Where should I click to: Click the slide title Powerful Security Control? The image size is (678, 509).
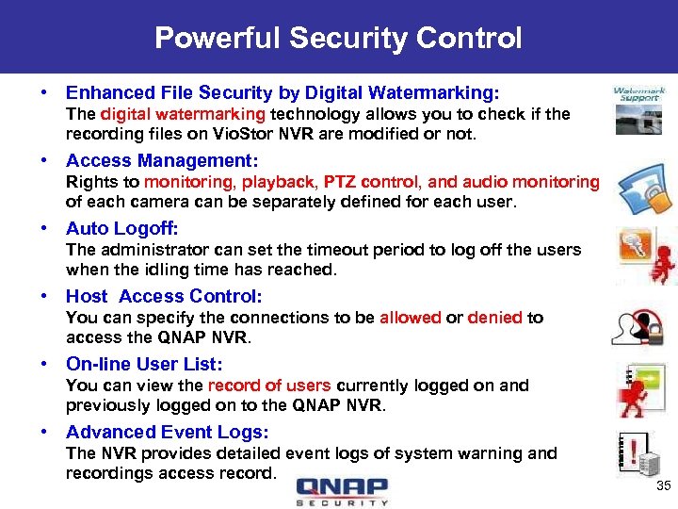pos(338,38)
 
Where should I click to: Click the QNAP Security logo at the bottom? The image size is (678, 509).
pos(341,491)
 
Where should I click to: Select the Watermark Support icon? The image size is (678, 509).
pos(639,109)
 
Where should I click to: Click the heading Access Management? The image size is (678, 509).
pos(162,160)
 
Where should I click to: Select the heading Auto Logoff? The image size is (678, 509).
pos(121,228)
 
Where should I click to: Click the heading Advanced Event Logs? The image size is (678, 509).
pos(168,432)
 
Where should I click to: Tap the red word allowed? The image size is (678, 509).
pos(410,318)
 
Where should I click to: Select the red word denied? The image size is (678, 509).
pos(494,318)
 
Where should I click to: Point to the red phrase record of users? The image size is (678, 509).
pos(269,386)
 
